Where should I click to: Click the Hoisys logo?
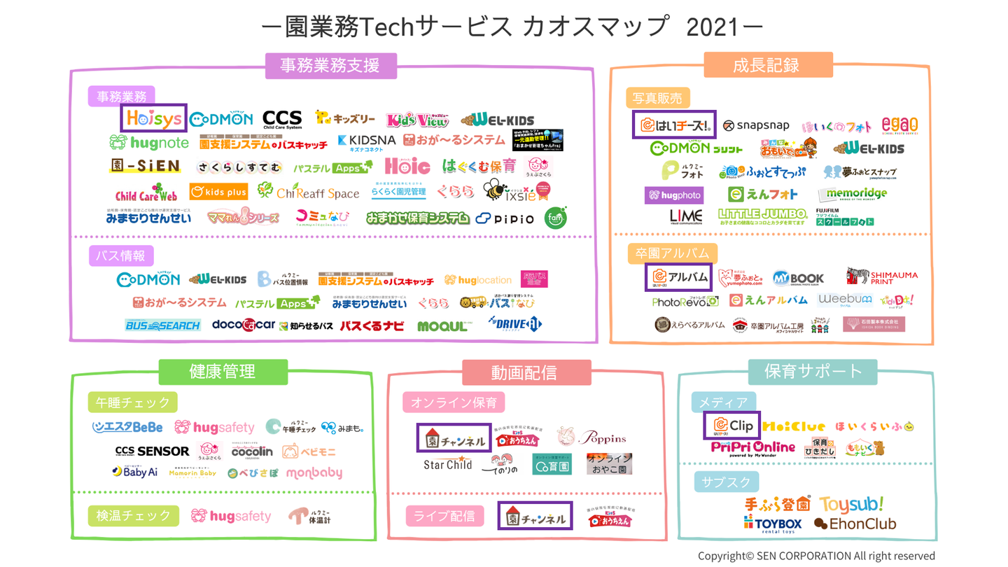click(x=154, y=120)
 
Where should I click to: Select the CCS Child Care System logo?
click(x=282, y=120)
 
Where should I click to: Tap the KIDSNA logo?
click(x=366, y=141)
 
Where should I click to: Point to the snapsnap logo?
click(x=756, y=125)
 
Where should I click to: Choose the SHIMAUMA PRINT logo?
click(x=882, y=276)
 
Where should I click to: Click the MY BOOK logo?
click(x=799, y=278)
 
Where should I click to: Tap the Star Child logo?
click(x=448, y=464)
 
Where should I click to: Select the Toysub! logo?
click(x=852, y=504)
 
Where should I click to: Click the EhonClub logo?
click(x=855, y=524)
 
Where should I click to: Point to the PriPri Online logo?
click(x=753, y=447)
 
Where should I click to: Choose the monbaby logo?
click(x=314, y=472)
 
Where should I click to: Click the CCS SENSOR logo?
click(x=152, y=451)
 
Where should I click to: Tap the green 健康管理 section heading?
click(x=223, y=372)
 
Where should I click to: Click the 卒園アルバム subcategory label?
click(x=662, y=253)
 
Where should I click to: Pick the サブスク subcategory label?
click(x=725, y=482)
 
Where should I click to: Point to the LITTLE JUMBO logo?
click(x=762, y=216)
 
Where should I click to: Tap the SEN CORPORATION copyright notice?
click(x=816, y=556)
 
